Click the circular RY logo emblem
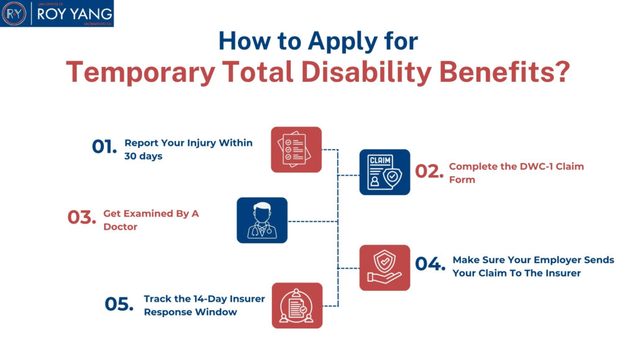click(14, 14)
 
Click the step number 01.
click(104, 147)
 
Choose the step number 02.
click(429, 172)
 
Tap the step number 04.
click(430, 264)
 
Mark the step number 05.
click(119, 304)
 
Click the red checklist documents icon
click(296, 150)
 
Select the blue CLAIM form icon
click(384, 172)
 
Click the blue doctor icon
click(262, 220)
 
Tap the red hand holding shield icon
click(384, 268)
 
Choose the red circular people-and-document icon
click(297, 305)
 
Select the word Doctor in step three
click(120, 227)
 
